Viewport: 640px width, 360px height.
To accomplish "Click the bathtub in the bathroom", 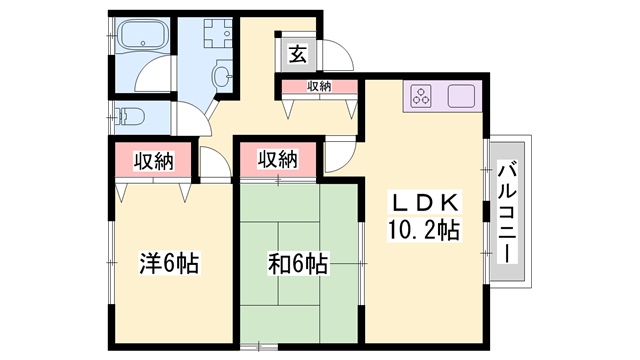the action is tap(142, 35).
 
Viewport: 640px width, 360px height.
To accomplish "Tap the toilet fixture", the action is tap(130, 117).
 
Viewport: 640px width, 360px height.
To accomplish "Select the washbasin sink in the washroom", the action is tap(222, 74).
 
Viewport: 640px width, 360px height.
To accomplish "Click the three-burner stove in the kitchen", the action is tap(421, 96).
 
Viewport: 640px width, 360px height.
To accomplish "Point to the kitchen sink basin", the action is tap(461, 96).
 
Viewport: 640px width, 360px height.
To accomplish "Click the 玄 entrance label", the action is tap(298, 54).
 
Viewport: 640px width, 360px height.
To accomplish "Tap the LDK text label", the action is tap(424, 202).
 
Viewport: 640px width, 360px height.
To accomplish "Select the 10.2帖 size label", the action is tap(424, 230).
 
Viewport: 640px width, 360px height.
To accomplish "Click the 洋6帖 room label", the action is tap(169, 263).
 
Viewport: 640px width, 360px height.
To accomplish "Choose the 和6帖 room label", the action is tap(298, 264).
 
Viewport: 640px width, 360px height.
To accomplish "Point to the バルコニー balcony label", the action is tap(507, 211).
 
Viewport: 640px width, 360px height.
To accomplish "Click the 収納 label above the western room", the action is tap(154, 161).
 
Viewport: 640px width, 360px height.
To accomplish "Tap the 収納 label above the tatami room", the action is tap(278, 159).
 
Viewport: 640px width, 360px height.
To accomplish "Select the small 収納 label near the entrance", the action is tap(319, 86).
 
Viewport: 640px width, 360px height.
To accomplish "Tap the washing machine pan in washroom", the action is tap(218, 33).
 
